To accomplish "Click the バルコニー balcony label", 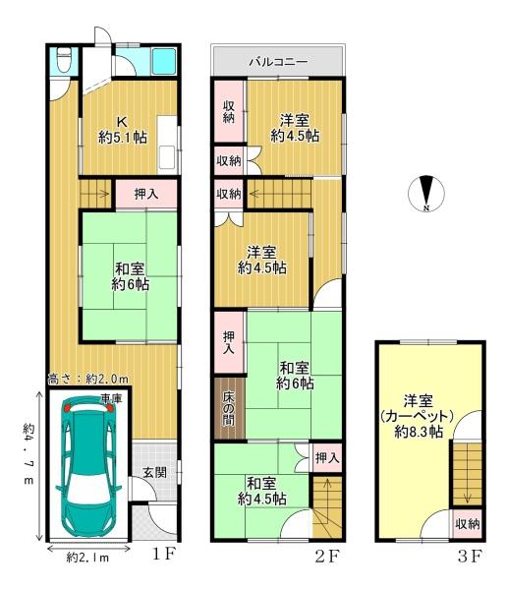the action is tap(279, 61).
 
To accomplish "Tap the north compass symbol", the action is tap(426, 194).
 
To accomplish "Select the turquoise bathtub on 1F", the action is tap(163, 61).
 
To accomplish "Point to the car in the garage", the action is tap(88, 466).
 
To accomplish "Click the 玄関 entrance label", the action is tap(154, 472).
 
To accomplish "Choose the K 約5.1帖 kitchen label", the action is tap(123, 130).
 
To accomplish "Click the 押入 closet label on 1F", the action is tap(146, 194).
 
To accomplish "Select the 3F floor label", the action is tap(470, 557).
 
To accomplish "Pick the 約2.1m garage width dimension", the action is tap(87, 558).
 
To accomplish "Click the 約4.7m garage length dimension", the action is tap(28, 453).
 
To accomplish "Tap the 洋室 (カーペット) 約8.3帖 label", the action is tap(419, 416).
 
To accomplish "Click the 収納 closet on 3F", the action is tap(468, 524).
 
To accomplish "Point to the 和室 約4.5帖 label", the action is tap(262, 491).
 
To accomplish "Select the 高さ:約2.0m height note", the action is tap(88, 379).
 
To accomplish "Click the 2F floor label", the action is tap(327, 557).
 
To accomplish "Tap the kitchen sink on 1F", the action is tap(167, 157).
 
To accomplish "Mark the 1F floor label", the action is tap(163, 555).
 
